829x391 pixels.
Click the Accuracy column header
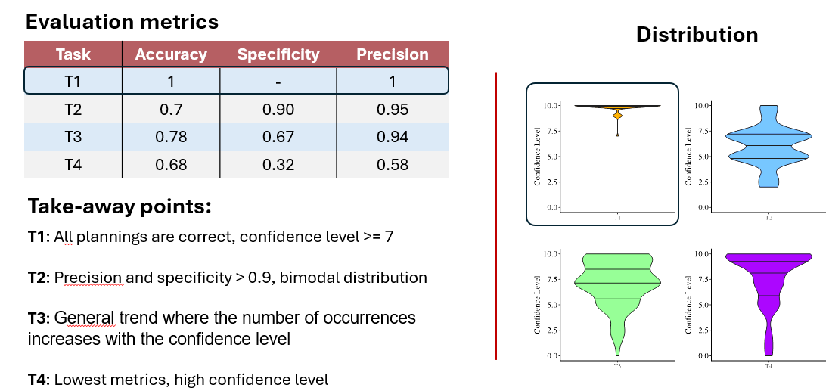pyautogui.click(x=171, y=54)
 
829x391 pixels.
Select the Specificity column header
pyautogui.click(x=278, y=54)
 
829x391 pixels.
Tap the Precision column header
pyautogui.click(x=393, y=54)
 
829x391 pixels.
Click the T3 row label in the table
pyautogui.click(x=73, y=137)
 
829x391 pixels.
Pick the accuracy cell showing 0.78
pyautogui.click(x=171, y=137)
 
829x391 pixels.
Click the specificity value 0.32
pyautogui.click(x=278, y=165)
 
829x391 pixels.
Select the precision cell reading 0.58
pyautogui.click(x=393, y=165)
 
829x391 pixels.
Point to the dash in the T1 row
pyautogui.click(x=278, y=82)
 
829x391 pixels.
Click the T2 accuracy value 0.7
pyautogui.click(x=171, y=110)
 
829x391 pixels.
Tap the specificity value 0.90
pyautogui.click(x=278, y=110)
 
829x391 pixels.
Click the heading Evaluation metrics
pyautogui.click(x=122, y=22)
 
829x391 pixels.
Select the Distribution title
pyautogui.click(x=697, y=35)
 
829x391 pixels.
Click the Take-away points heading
pyautogui.click(x=120, y=206)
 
